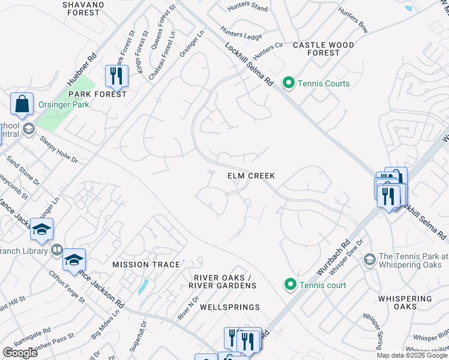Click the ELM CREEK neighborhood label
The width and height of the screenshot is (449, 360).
pos(251,176)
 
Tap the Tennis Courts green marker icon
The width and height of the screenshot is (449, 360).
pos(289,83)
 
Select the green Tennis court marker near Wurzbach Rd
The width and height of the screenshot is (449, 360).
pos(291,284)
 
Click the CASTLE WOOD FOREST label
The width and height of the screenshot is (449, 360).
pos(323,49)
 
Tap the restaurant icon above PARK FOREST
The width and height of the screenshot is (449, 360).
pos(114,76)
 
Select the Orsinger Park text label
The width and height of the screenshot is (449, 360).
pos(64,104)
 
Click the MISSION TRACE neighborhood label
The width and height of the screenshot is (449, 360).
pos(146,265)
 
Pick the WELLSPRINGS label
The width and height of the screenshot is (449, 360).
pos(230,307)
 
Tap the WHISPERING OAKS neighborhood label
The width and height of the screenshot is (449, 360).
pos(406,302)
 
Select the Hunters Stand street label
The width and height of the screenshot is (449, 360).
pos(248,8)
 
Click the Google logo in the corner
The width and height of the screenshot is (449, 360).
pos(20,353)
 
